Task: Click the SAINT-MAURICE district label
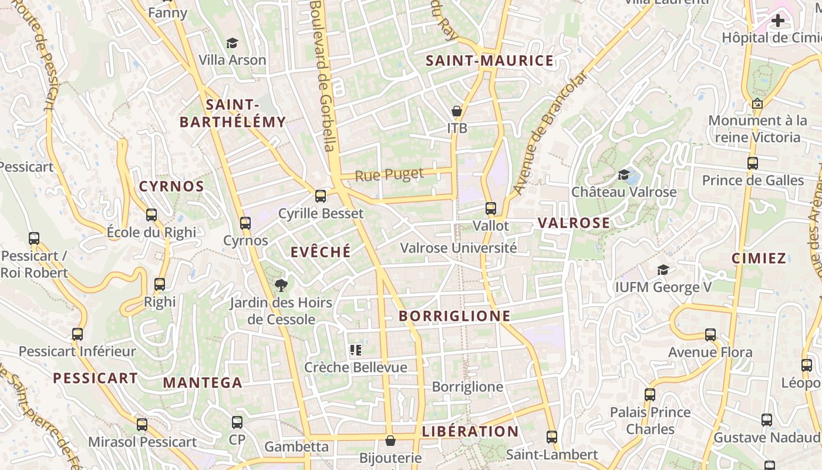pos(489,61)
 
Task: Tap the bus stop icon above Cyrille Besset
pos(321,196)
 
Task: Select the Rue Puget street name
pos(389,174)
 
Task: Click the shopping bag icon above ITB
pos(456,110)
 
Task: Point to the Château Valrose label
pos(624,192)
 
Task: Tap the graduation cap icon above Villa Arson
pos(232,43)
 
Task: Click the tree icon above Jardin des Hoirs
pos(281,286)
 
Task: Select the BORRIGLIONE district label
pos(454,316)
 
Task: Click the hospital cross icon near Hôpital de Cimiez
pos(778,21)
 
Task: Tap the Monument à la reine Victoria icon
pos(757,103)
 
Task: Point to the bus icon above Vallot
pos(491,208)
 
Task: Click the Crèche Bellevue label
pos(355,368)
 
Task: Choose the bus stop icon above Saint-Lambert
pos(551,437)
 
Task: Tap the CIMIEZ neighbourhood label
pos(759,258)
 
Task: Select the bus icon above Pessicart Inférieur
pos(77,334)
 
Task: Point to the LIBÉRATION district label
pos(470,432)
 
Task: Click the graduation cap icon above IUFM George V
pos(663,270)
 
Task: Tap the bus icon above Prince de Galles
pos(753,163)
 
